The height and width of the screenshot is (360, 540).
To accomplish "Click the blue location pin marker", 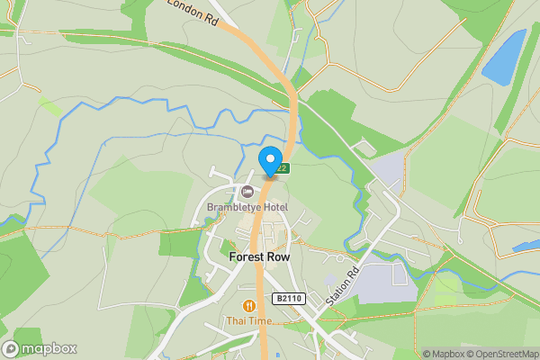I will coord(270,159).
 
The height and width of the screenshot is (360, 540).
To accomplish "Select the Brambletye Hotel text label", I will coord(247,208).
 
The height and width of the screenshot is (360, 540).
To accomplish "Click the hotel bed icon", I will coord(247,191).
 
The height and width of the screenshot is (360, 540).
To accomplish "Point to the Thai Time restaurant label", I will coord(248,321).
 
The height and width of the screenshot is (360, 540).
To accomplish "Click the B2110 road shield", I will coord(288,299).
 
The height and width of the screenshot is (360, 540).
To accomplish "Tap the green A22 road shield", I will coord(283,167).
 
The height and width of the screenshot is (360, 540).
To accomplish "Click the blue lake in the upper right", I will coord(503,56).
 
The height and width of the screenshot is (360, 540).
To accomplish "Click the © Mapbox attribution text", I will coord(445,354).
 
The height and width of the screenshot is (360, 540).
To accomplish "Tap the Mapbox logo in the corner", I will coord(40,348).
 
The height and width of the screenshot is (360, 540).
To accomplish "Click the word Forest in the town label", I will coord(247,256).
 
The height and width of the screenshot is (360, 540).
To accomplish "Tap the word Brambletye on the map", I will coord(232,208).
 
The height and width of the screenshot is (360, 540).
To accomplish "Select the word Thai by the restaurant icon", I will coord(235,321).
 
